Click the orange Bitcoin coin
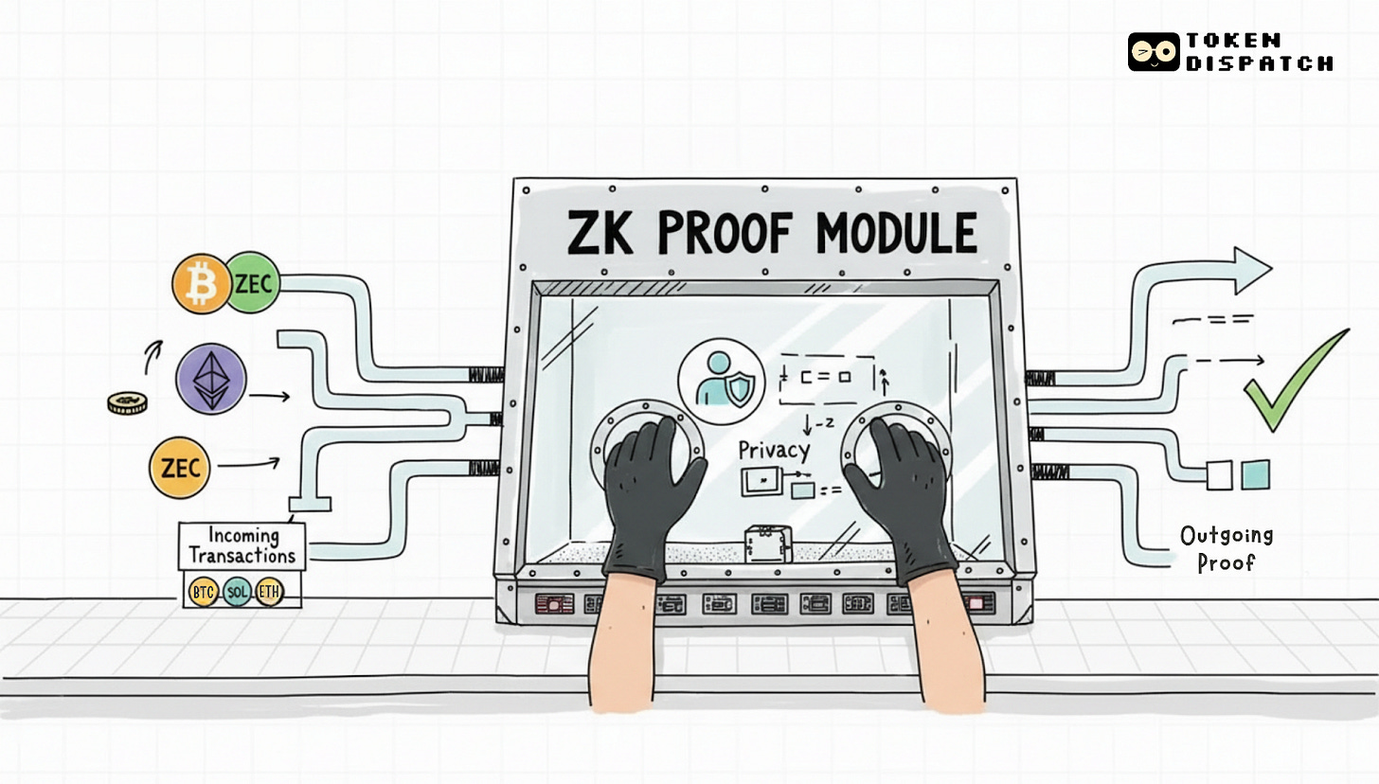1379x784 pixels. (201, 282)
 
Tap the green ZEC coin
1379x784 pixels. (253, 282)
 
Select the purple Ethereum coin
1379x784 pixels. (211, 378)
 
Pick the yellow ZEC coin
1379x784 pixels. (179, 468)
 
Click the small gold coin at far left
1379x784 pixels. (125, 403)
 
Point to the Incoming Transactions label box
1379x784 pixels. (242, 545)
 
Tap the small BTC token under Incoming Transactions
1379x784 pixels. (204, 593)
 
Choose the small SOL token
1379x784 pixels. (237, 593)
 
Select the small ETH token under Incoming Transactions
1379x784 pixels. (269, 593)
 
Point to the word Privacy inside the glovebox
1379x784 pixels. (775, 451)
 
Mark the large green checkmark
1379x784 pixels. (1295, 381)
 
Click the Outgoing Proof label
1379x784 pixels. (1227, 548)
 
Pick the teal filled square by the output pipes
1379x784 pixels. (1256, 473)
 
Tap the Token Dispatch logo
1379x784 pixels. (1230, 52)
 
